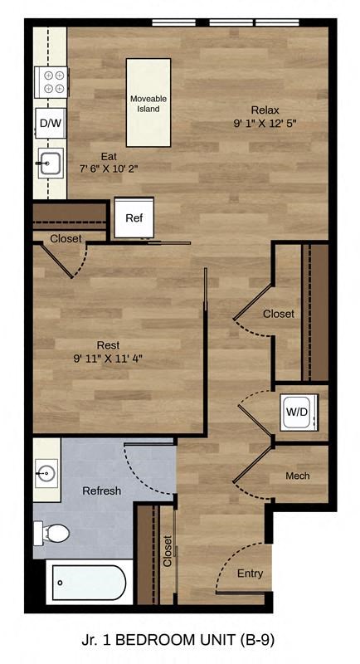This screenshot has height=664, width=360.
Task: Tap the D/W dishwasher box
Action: (49, 124)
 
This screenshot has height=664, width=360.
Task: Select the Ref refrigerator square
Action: (134, 217)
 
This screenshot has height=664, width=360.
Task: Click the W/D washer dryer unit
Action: (296, 411)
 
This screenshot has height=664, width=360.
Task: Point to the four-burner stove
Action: (51, 81)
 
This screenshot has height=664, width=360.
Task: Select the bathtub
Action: (87, 583)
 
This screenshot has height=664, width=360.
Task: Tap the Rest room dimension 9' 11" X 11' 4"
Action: (108, 359)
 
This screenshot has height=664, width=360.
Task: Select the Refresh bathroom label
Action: (101, 491)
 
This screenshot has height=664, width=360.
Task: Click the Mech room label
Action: (297, 476)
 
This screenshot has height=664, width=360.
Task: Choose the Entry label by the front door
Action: (250, 574)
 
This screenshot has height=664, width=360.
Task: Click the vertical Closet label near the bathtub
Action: (168, 550)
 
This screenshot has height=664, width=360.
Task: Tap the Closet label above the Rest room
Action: (66, 238)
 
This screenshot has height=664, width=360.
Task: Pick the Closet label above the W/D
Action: (278, 314)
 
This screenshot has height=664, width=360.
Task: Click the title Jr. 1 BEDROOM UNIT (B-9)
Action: (179, 640)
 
